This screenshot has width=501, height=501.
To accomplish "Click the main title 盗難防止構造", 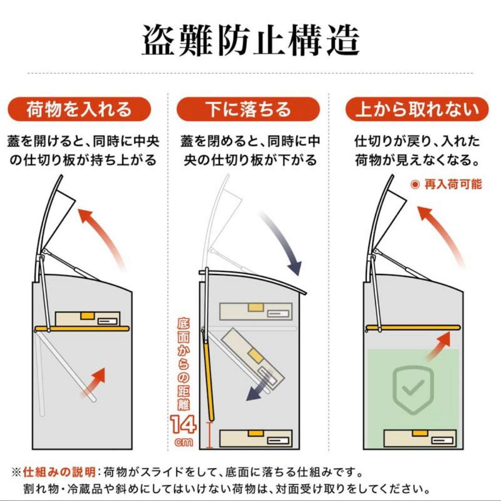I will point(250,41).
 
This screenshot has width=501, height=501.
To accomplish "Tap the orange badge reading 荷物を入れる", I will point(79,109).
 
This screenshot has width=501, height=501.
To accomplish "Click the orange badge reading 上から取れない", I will point(417,109).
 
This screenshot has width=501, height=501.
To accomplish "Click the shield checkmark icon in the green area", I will point(411,389).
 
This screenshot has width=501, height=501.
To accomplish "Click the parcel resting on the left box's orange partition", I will point(88,319).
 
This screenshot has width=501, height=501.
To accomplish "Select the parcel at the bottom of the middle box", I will point(256,438).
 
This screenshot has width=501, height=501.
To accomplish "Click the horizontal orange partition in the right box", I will point(412,328).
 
